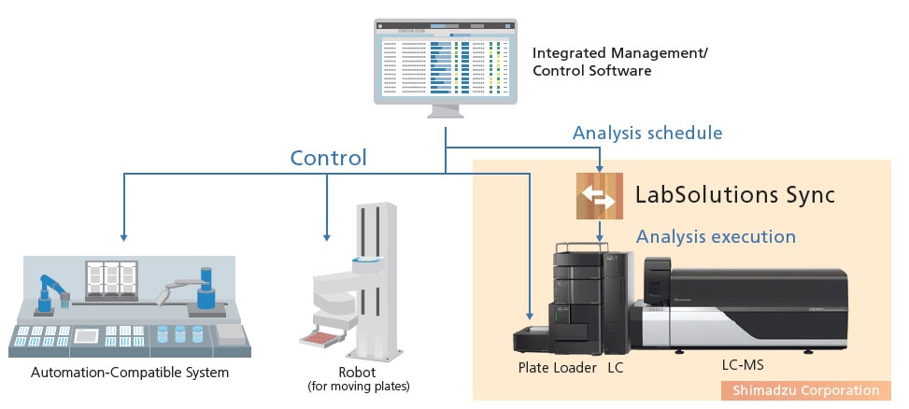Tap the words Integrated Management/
pyautogui.click(x=619, y=53)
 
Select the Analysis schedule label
pyautogui.click(x=646, y=133)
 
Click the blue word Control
pyautogui.click(x=328, y=158)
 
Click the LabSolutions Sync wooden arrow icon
pyautogui.click(x=599, y=196)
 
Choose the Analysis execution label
pyautogui.click(x=716, y=236)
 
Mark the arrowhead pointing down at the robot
pyautogui.click(x=326, y=234)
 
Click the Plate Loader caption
pyautogui.click(x=557, y=368)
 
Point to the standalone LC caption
pyautogui.click(x=614, y=368)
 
